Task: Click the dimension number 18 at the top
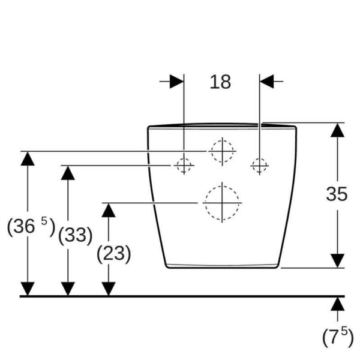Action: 220,82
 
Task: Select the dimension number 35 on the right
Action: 337,194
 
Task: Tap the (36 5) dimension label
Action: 31,227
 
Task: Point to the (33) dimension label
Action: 76,235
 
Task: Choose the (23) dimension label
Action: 113,254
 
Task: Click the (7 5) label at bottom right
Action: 338,337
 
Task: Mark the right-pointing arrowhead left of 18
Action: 177,81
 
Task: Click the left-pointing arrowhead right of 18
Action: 267,81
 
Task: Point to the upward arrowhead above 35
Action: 337,130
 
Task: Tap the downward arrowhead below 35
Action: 337,260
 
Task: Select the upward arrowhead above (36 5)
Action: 28,158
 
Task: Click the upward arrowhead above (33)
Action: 68,173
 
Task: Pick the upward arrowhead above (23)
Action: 109,211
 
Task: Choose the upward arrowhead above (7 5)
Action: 337,304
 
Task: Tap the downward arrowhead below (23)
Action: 109,289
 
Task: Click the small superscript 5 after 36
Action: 44,221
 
